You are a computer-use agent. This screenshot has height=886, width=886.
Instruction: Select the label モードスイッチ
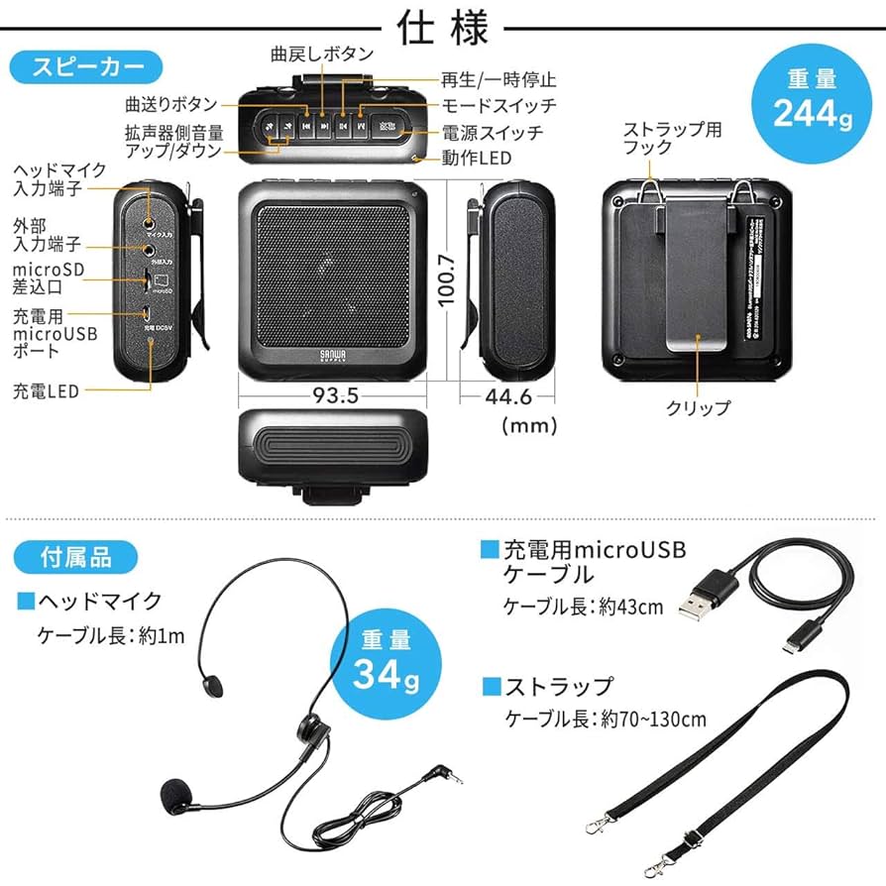click(498, 105)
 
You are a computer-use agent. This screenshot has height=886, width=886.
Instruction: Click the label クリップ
click(699, 407)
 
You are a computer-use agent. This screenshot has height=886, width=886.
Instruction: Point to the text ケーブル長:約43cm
click(583, 608)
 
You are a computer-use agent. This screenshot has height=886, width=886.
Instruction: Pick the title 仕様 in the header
click(443, 28)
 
